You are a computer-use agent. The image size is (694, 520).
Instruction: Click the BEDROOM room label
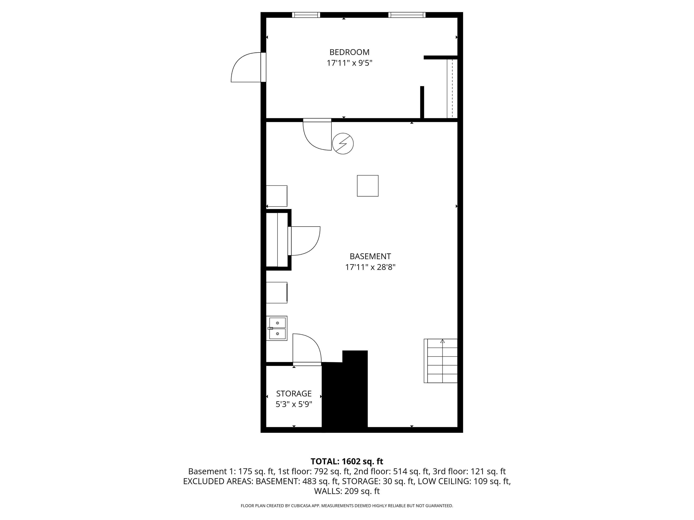coord(349,52)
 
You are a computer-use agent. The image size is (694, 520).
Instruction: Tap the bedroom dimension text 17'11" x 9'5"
coord(349,63)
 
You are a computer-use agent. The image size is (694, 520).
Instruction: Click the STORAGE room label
coord(294,393)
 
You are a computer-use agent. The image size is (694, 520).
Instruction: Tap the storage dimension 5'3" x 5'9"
coord(294,404)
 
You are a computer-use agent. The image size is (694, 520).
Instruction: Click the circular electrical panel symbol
coord(343,144)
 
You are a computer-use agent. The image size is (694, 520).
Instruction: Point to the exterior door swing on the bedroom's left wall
coord(246,67)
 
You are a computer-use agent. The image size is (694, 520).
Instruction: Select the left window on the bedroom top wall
coord(306,15)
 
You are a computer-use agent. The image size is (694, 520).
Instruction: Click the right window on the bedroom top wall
coord(407,15)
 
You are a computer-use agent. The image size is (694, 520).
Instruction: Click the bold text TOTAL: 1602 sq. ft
coord(347,461)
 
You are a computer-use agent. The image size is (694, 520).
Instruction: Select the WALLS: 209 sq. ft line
coord(347,491)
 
